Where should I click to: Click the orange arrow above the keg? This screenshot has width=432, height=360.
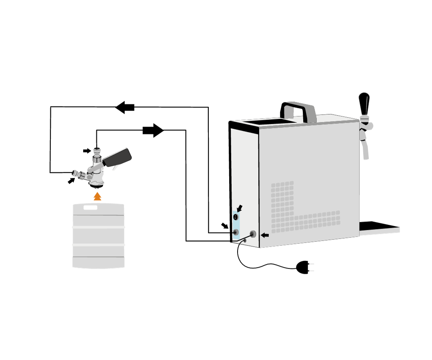97,196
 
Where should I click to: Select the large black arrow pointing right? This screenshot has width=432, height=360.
153,130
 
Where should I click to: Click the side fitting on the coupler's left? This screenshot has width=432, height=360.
76,173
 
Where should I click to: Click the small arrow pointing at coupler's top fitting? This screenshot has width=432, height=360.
87,151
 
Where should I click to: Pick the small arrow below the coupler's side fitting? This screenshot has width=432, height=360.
71,181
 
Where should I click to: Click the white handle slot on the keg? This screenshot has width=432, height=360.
90,208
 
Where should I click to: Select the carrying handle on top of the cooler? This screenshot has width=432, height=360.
298,110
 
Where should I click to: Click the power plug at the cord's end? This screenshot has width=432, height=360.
304,267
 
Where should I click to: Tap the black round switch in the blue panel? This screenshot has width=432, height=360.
236,217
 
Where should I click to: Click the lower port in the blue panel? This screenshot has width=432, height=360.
236,232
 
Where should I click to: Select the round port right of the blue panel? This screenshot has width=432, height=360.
253,234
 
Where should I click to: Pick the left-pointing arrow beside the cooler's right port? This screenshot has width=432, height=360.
265,236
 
